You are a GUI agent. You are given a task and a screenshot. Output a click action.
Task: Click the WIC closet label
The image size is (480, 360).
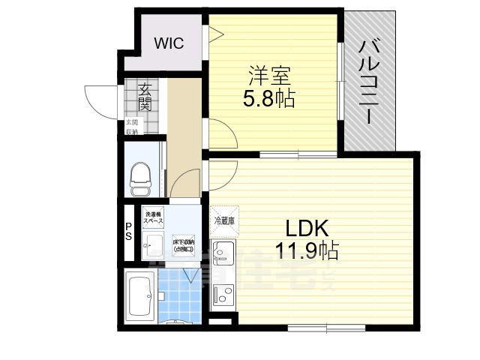(x=169, y=43)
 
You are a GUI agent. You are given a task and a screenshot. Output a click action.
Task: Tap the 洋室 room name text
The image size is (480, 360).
(x=269, y=76)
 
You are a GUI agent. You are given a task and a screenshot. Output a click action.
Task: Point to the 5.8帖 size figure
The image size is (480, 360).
(x=268, y=98)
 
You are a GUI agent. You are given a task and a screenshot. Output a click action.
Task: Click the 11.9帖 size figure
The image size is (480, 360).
(x=308, y=250)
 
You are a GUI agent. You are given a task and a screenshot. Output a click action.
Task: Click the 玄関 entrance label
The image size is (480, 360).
(x=144, y=97)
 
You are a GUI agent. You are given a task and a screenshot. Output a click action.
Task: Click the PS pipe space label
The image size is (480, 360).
(x=128, y=231)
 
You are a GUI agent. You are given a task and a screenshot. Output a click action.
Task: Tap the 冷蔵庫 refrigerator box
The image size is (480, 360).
(x=224, y=220)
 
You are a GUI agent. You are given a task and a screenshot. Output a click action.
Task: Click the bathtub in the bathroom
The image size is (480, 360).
(x=140, y=295)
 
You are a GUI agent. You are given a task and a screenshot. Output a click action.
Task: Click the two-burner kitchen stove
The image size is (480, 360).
(x=223, y=298)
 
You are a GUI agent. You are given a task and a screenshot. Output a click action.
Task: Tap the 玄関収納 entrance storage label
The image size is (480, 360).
(x=131, y=127)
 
